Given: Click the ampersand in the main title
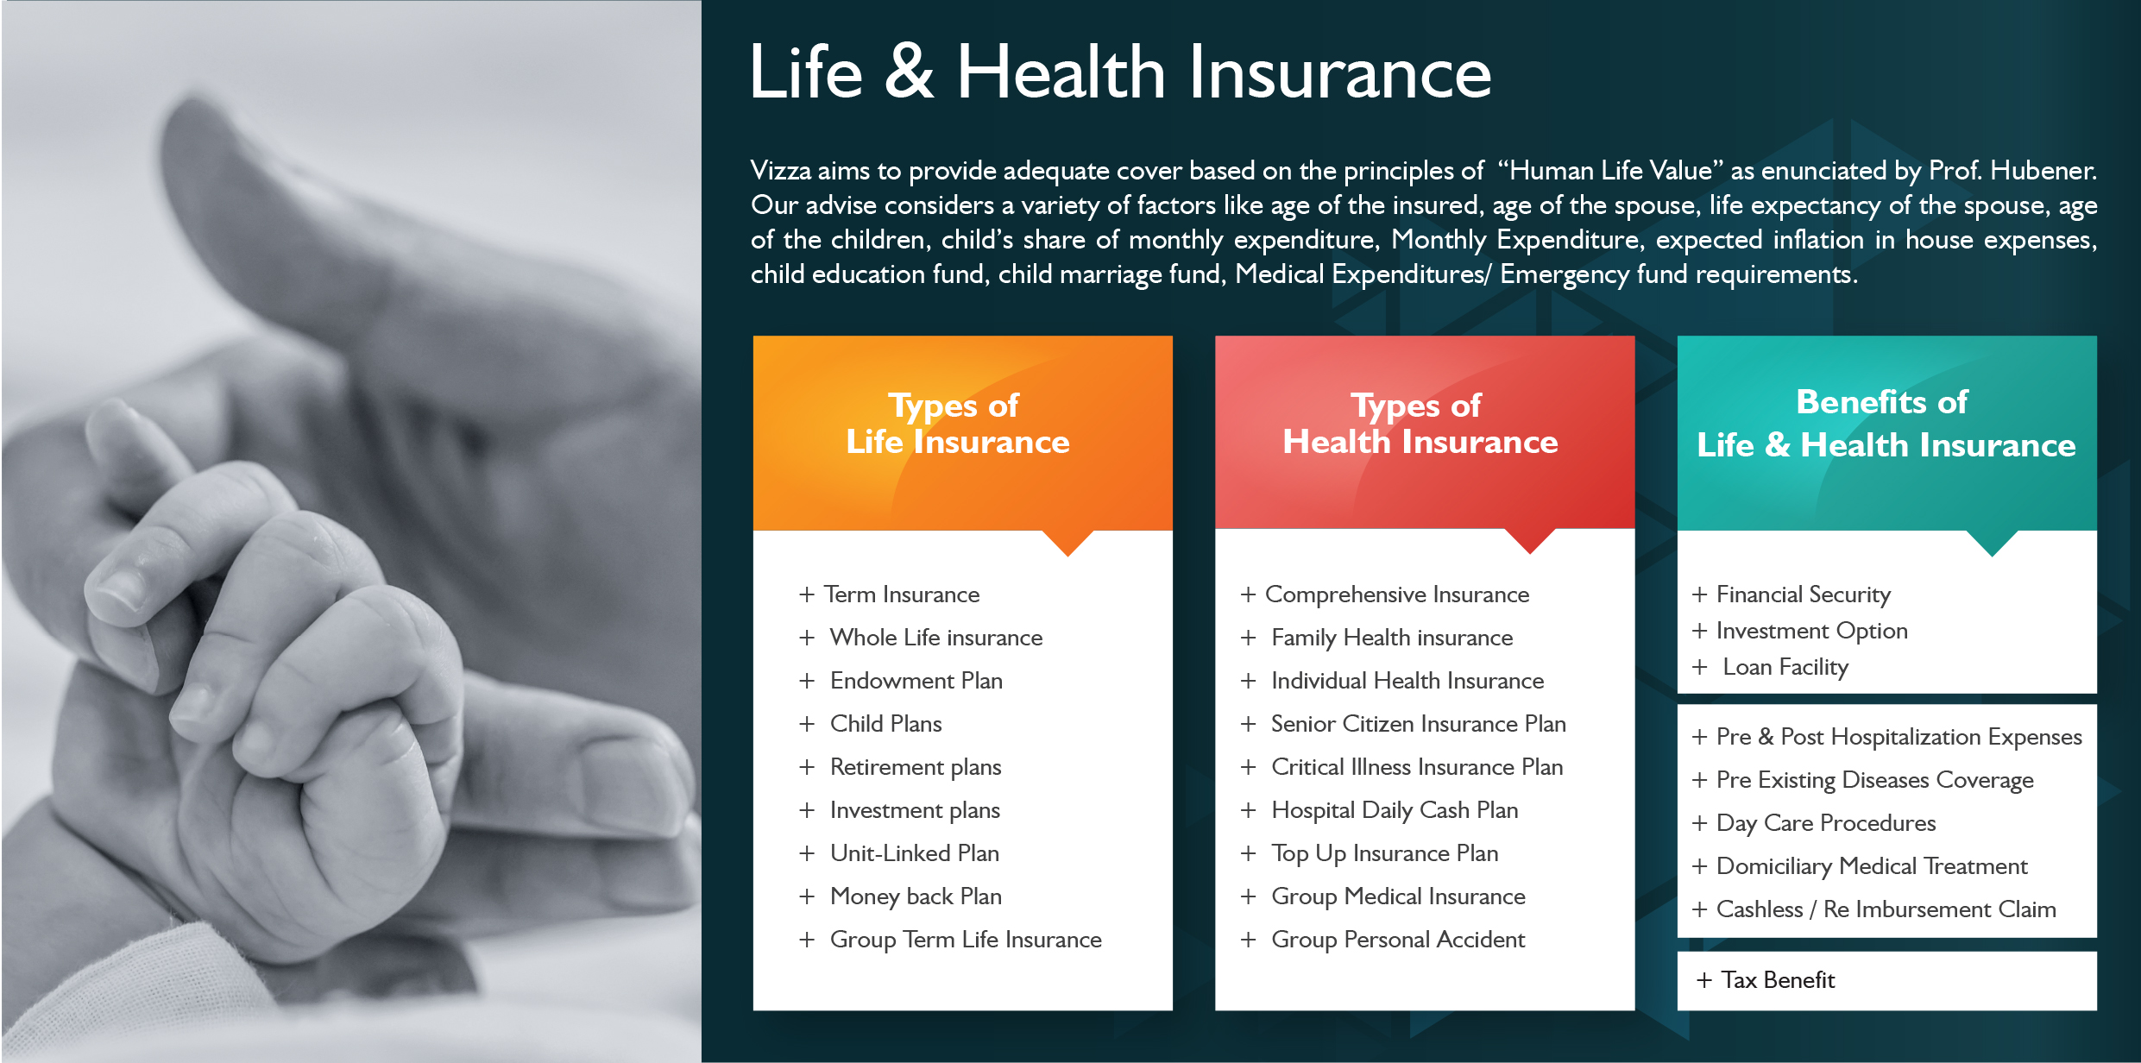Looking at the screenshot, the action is (910, 72).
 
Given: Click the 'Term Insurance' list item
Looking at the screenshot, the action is (902, 594).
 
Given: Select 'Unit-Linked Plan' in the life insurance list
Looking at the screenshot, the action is (915, 853).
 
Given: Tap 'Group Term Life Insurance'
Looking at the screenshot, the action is (966, 940).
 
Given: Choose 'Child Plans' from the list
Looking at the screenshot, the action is (886, 724).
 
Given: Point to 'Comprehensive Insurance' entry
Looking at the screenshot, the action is (1397, 594).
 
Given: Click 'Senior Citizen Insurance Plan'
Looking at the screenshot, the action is (1419, 724).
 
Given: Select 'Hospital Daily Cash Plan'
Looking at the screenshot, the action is (1395, 810).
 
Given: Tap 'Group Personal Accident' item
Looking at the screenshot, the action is (1398, 940).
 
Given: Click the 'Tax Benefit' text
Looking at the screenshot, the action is (1778, 980).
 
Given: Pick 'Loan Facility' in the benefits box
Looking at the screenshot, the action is (1785, 667).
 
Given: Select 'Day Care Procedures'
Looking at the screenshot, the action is (1826, 823).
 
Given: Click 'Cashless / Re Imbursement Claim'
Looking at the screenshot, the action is (1886, 909).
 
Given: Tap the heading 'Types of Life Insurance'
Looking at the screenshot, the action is (958, 424).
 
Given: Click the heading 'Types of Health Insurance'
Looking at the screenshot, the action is (1420, 424).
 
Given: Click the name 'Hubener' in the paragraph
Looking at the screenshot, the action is (2043, 171).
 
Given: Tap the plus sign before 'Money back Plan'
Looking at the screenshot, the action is (807, 896).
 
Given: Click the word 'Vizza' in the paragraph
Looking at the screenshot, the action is (781, 171).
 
